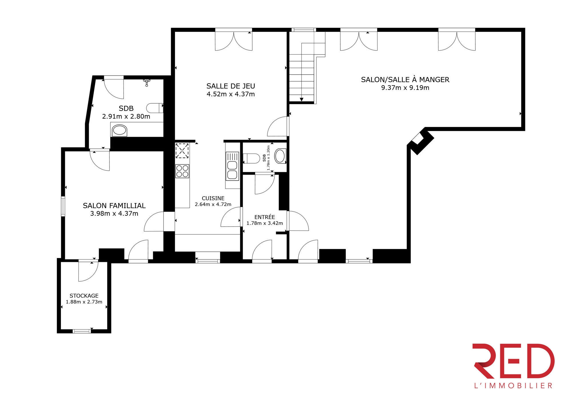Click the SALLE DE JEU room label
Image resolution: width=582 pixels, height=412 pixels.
coord(231,86)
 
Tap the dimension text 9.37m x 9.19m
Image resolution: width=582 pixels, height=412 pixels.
coord(405,88)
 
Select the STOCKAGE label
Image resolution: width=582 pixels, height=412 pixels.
coord(84,296)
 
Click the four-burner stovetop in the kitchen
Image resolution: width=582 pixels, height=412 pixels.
coord(182,171)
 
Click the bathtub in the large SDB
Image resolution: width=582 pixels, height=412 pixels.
coord(119,130)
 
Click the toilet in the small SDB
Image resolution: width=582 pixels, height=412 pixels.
coord(251,158)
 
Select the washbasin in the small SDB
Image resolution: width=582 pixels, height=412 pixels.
coord(280,156)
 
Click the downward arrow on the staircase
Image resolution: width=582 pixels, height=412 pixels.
coord(301,99)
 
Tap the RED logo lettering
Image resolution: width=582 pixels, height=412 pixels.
coord(513,361)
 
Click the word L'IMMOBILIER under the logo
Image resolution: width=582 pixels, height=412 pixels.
coord(513,386)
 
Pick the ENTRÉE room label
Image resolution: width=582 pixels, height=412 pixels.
coord(265,217)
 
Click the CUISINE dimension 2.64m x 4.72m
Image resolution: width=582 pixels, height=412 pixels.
coord(213,204)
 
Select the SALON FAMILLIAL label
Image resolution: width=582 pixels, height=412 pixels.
coord(114,205)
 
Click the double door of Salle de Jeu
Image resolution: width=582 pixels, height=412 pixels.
coord(234,40)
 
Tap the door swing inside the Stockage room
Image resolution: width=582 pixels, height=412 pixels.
coord(88,271)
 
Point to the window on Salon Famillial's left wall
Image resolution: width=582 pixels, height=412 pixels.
coord(63,206)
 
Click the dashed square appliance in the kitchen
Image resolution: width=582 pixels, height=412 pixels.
coord(182,151)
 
